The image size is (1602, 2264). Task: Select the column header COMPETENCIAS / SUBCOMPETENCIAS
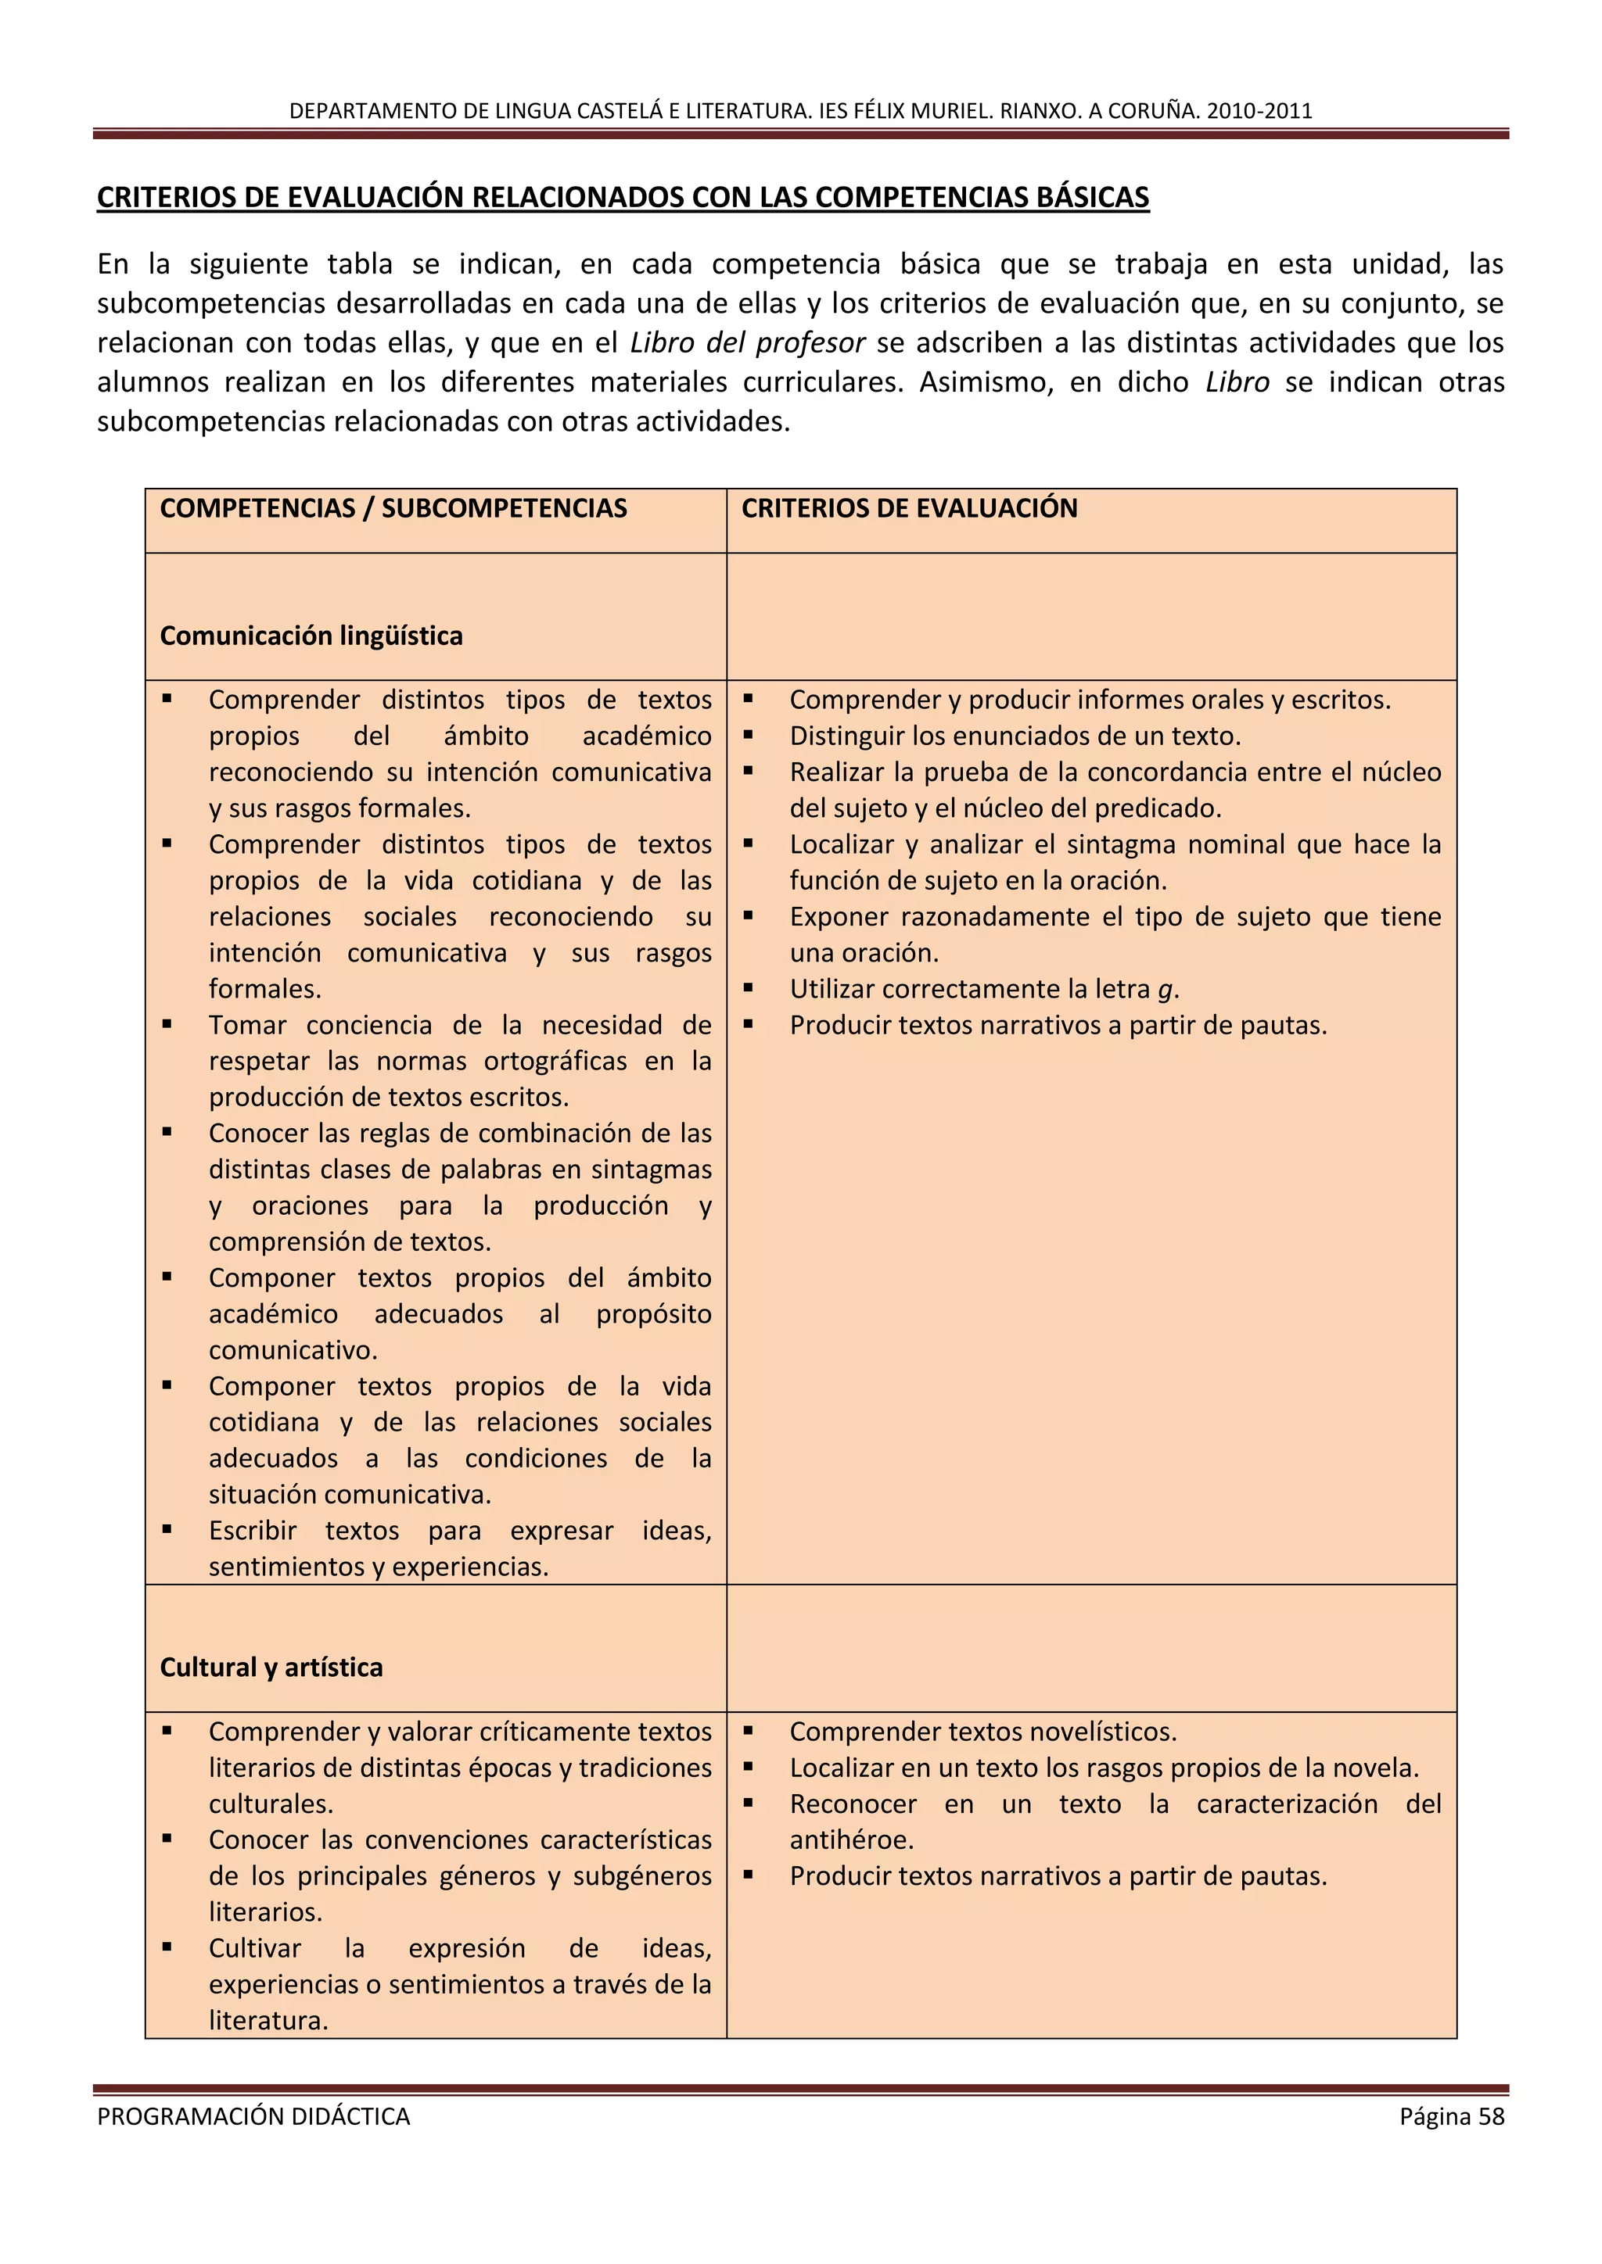pyautogui.click(x=393, y=508)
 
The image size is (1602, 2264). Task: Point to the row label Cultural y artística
pyautogui.click(x=271, y=1667)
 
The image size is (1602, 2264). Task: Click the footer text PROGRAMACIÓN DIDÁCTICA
pyautogui.click(x=253, y=2116)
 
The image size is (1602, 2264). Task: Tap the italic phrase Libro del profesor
pyautogui.click(x=747, y=342)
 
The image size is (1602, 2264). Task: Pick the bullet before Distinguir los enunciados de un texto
pyautogui.click(x=749, y=735)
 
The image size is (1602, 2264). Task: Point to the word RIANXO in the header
pyautogui.click(x=1040, y=110)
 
